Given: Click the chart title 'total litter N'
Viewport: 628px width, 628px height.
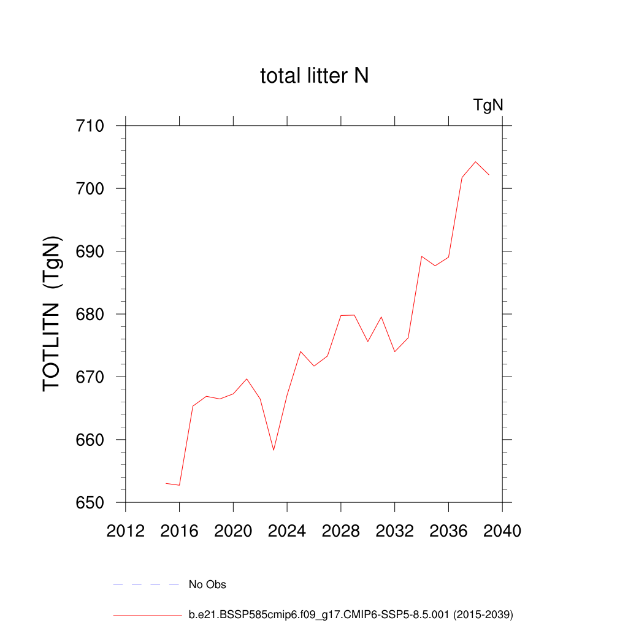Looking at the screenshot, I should point(314,76).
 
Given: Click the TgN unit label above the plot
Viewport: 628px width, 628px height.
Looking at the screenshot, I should point(488,105).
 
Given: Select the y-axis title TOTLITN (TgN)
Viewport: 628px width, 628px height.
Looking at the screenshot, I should point(53,313).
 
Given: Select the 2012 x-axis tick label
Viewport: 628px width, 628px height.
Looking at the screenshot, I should point(126,531).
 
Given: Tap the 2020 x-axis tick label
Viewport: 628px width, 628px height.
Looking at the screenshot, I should point(233,531).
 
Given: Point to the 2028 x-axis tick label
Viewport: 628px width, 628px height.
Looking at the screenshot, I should point(341,531).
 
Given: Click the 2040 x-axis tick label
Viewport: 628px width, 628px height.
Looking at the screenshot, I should point(502,531).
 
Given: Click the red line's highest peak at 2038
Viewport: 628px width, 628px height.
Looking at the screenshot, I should point(475,162).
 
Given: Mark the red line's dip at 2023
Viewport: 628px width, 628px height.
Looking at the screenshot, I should point(274,450).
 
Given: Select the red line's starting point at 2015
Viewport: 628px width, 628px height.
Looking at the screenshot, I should point(166,483).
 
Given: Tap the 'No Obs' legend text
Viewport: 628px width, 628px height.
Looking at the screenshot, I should point(207,584).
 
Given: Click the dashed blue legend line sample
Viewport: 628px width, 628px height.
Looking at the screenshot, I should point(146,584).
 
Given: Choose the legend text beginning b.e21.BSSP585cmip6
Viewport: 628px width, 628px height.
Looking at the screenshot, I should point(351,614).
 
